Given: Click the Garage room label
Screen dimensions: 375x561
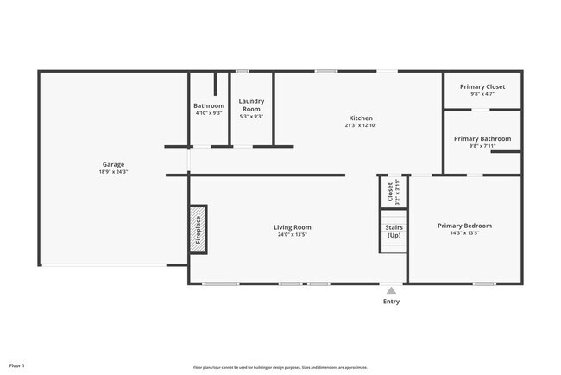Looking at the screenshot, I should (113, 164).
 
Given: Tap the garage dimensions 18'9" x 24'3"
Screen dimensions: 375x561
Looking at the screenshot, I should (113, 172).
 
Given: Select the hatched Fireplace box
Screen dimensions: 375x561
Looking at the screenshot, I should (198, 229).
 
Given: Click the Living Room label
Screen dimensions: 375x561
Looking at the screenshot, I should (293, 227).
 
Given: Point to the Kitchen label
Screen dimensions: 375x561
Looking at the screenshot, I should (360, 118).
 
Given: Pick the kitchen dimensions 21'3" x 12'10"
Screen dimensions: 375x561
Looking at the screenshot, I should (360, 125).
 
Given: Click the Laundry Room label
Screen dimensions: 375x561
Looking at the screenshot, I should (251, 105).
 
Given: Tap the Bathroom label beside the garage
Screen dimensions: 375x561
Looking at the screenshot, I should (208, 105).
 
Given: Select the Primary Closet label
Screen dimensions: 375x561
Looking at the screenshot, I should (482, 86).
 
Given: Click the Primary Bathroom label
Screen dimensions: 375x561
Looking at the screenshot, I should (482, 138).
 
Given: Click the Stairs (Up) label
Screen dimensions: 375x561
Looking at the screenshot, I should (394, 232).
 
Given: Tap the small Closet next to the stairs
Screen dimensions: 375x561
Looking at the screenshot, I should (391, 191).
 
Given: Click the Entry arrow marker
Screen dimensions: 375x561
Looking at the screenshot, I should (391, 290).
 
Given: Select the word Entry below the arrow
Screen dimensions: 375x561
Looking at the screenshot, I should (391, 302).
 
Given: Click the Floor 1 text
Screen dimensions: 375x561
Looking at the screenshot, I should (17, 366).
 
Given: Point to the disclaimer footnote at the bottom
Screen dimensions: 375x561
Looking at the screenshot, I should (280, 367).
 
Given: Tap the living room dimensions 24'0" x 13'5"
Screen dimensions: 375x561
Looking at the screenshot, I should (293, 235).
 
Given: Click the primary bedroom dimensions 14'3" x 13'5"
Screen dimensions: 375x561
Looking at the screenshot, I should (464, 232).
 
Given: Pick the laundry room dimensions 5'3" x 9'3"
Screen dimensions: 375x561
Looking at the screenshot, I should (251, 116).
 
